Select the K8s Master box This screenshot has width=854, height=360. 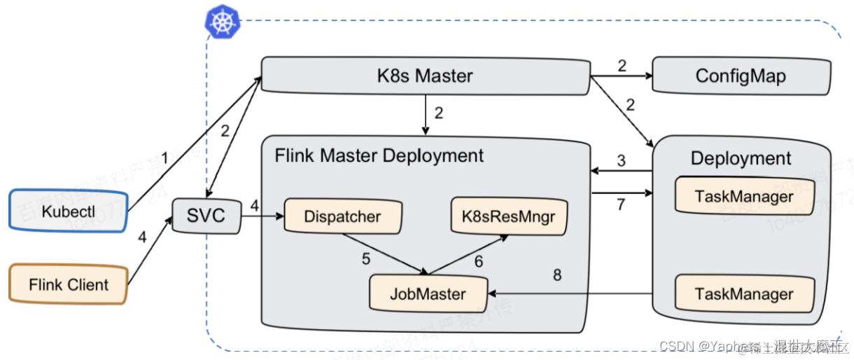pos(425,76)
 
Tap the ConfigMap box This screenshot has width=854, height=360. pos(741,76)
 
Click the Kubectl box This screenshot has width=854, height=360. pos(68,210)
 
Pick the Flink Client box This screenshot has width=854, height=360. pos(68,284)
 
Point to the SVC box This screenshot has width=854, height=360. pos(206,214)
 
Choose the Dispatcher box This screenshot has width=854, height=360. pos(342,217)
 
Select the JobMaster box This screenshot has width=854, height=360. pos(428,293)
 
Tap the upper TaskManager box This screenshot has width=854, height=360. pos(744,196)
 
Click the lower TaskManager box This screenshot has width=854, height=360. pos(744,293)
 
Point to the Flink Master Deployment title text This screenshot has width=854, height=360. pos(379,155)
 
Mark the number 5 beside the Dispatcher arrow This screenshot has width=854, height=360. pos(365,258)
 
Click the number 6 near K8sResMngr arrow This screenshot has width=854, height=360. pos(479,261)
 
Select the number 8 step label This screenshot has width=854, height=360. pos(557,275)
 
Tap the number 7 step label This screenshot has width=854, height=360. pos(620,205)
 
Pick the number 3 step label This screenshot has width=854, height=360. pos(620,160)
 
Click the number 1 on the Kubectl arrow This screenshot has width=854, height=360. pos(164,159)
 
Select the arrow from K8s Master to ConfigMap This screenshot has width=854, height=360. pos(621,76)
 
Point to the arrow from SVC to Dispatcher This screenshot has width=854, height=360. pos(262,217)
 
